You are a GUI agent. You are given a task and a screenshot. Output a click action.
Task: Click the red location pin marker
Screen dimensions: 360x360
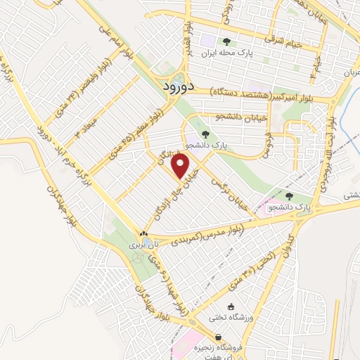coord(181,166)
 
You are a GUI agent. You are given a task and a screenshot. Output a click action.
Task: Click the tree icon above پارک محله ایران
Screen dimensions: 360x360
coord(226,41)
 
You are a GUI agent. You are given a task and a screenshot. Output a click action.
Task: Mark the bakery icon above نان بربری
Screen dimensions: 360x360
coord(143,234)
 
